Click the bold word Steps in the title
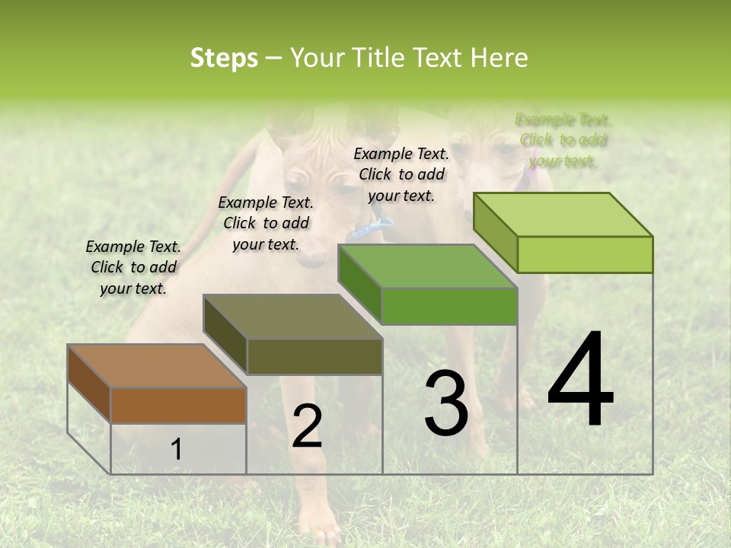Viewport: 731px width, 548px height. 224,58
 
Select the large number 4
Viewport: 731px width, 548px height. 580,380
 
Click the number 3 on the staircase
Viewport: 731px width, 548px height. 446,403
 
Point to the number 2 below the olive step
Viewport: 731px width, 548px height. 307,426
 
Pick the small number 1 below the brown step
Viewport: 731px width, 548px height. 176,450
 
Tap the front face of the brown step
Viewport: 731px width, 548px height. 178,405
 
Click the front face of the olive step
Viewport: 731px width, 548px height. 314,356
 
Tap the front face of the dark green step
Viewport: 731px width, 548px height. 449,306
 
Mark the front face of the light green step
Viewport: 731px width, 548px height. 585,254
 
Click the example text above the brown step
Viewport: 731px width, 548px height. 133,267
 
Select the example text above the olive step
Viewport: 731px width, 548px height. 266,223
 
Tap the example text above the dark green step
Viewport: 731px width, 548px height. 401,174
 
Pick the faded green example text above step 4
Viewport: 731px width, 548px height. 563,140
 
